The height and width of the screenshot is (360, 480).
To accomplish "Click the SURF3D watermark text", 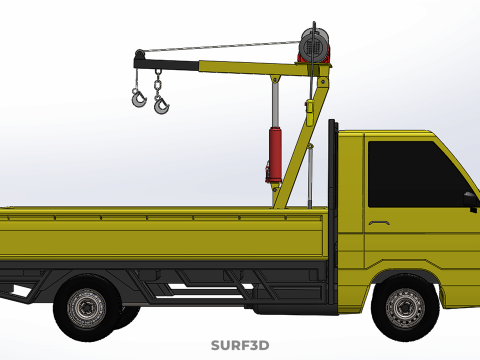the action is click(x=240, y=345).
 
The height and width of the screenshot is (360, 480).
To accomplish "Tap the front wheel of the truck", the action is click(x=405, y=307).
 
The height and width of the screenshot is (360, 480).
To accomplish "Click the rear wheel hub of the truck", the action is click(x=87, y=307).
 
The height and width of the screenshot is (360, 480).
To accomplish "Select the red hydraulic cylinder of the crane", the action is click(x=275, y=155).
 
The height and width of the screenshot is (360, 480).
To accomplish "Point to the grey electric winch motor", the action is click(x=315, y=44).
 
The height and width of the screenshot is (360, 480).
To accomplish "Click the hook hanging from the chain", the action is click(x=162, y=105).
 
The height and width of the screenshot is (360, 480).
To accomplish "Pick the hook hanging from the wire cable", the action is click(x=138, y=98).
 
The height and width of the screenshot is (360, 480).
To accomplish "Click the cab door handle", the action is click(x=379, y=222).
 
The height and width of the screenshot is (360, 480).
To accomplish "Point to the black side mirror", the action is click(x=471, y=201).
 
